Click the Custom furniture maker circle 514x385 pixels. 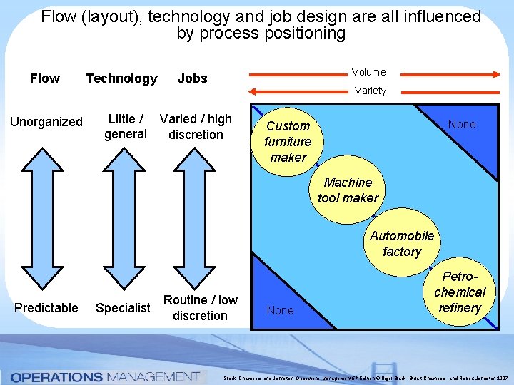tap(288, 141)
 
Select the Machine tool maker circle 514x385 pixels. tap(348, 190)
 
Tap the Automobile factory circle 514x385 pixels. tap(401, 243)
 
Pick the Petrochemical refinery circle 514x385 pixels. tap(459, 292)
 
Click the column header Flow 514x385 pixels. tap(45, 78)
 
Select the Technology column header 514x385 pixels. tap(121, 78)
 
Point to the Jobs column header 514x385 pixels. tap(192, 78)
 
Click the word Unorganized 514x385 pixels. tap(46, 122)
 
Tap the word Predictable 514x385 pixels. tap(46, 308)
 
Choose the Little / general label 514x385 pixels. tap(125, 127)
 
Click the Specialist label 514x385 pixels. tap(123, 308)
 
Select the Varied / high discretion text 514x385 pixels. tap(196, 127)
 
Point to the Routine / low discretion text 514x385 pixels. tap(200, 307)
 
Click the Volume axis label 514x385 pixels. tap(368, 72)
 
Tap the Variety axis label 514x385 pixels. tap(370, 91)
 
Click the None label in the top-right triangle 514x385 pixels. tap(461, 124)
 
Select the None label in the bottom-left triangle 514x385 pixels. tap(280, 310)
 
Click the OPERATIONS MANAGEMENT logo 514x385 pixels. tap(104, 376)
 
